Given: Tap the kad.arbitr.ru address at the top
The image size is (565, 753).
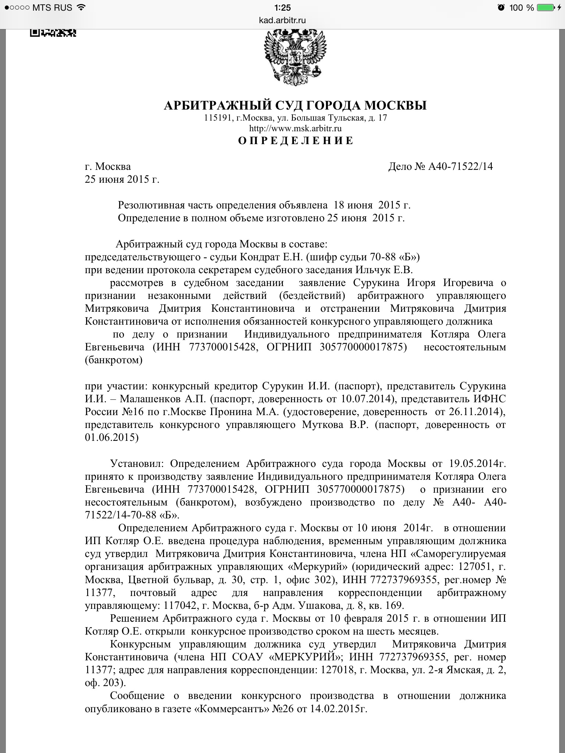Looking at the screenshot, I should (282, 20).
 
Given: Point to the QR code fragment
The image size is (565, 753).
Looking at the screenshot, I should (53, 33).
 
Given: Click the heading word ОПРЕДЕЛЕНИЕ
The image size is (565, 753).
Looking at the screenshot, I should (296, 141).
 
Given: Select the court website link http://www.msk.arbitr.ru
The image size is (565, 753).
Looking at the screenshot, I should (296, 128).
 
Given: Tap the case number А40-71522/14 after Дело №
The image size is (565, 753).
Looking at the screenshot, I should (460, 167).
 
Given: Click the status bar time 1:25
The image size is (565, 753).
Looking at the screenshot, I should (282, 7).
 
